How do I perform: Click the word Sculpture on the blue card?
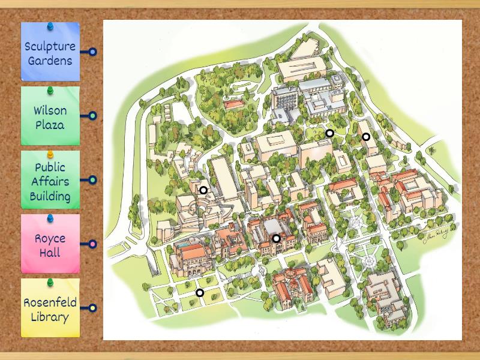50,46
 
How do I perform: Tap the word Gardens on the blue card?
50,61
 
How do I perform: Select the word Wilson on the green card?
50,110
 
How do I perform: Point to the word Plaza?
50,125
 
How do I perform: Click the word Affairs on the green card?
50,182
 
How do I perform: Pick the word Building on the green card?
50,196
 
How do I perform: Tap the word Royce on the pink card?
50,238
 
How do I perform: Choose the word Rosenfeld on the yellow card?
50,302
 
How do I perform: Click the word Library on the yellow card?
50,317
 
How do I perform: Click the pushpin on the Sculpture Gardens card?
50,27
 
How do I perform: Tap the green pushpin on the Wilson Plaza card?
50,91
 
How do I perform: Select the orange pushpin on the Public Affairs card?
50,155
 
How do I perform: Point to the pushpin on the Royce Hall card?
50,218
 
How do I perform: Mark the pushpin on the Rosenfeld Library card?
50,283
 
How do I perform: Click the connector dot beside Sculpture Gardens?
92,52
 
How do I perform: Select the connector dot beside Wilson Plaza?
92,116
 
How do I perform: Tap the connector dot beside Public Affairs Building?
92,180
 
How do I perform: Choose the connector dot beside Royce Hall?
92,244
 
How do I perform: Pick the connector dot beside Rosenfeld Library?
92,308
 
